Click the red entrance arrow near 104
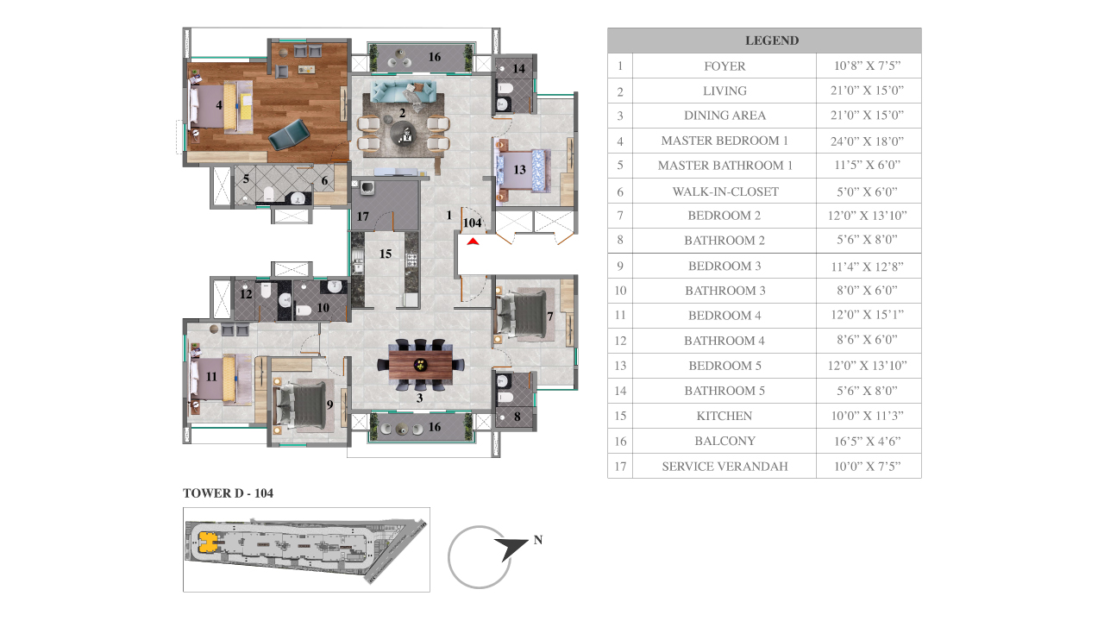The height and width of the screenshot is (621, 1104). point(474,241)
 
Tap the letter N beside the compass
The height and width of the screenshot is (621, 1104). point(538,540)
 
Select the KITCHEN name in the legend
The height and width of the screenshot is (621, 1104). point(724,416)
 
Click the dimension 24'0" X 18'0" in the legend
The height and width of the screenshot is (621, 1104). point(868,141)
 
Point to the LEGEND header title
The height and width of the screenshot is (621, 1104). point(772,41)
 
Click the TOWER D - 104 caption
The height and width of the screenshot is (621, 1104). point(229,492)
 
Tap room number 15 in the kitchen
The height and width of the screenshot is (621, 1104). point(386,254)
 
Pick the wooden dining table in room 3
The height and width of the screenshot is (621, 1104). point(420,365)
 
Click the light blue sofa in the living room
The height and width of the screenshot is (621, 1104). point(403,91)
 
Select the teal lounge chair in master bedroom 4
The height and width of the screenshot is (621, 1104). point(289,134)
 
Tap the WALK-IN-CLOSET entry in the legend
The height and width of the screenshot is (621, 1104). point(725,191)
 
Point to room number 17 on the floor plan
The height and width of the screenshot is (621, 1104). point(363,216)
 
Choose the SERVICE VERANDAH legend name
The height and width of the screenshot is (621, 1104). point(725,467)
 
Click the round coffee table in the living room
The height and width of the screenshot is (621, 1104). point(403,133)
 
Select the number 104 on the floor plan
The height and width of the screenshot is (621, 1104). point(472,223)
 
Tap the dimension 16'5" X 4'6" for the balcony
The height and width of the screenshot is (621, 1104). point(868,441)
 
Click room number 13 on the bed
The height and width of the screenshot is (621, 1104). point(519,170)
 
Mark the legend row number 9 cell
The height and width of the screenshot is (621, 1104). point(620,267)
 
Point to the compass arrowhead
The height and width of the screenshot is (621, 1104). point(512,549)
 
